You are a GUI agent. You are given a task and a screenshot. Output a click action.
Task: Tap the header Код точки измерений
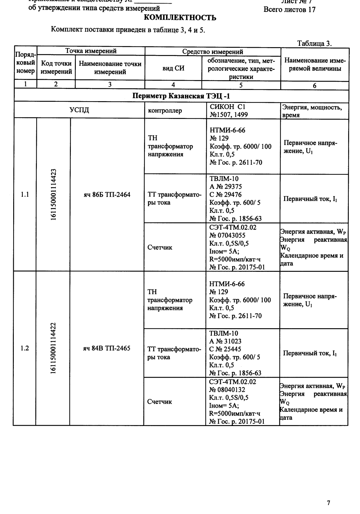coord(56,68)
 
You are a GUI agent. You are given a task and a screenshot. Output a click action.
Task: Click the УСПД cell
coord(79,110)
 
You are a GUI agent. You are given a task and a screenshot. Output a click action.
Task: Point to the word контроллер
coord(165,111)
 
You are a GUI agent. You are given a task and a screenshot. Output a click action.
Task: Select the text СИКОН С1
coord(227,107)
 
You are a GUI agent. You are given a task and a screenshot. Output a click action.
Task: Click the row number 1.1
coord(25,195)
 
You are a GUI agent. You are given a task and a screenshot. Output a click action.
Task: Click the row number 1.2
coord(25,348)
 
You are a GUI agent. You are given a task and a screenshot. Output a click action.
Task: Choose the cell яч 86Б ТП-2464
coord(107,195)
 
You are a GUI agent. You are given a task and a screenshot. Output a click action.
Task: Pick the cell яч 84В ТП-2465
coord(107,348)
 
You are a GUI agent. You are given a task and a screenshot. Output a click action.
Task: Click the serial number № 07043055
coord(227,236)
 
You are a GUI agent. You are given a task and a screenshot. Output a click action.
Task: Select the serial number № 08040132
coord(227,390)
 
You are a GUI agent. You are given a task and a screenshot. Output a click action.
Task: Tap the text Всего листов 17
coord(289,10)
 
